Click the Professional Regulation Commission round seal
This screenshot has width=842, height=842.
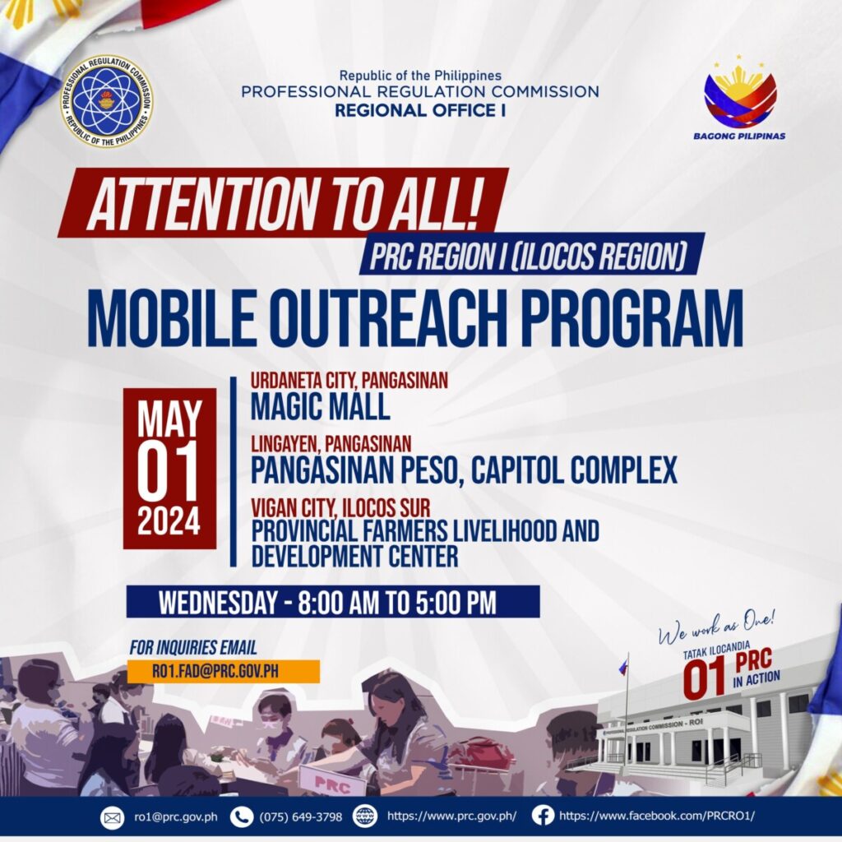tap(106, 101)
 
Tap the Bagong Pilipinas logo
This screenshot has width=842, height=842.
tap(739, 98)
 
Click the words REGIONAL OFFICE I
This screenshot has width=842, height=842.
tap(420, 111)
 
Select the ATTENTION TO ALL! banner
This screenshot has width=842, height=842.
tap(284, 203)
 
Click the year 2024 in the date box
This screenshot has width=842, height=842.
tap(169, 520)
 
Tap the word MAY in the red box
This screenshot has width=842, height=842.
tap(169, 419)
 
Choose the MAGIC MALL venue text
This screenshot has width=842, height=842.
tap(320, 406)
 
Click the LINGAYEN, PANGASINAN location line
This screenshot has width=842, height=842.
tap(331, 443)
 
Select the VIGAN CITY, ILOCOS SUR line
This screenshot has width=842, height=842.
tap(340, 507)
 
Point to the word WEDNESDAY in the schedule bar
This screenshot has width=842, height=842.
tap(217, 603)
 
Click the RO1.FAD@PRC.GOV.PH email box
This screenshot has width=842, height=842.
tap(224, 671)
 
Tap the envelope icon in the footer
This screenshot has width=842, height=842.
tap(112, 818)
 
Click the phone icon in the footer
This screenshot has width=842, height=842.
tap(242, 817)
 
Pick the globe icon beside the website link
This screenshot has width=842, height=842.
tap(365, 817)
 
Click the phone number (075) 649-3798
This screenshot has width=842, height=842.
tap(301, 817)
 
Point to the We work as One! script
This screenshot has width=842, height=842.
tap(717, 627)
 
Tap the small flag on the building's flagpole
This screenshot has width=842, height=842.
tap(623, 667)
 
